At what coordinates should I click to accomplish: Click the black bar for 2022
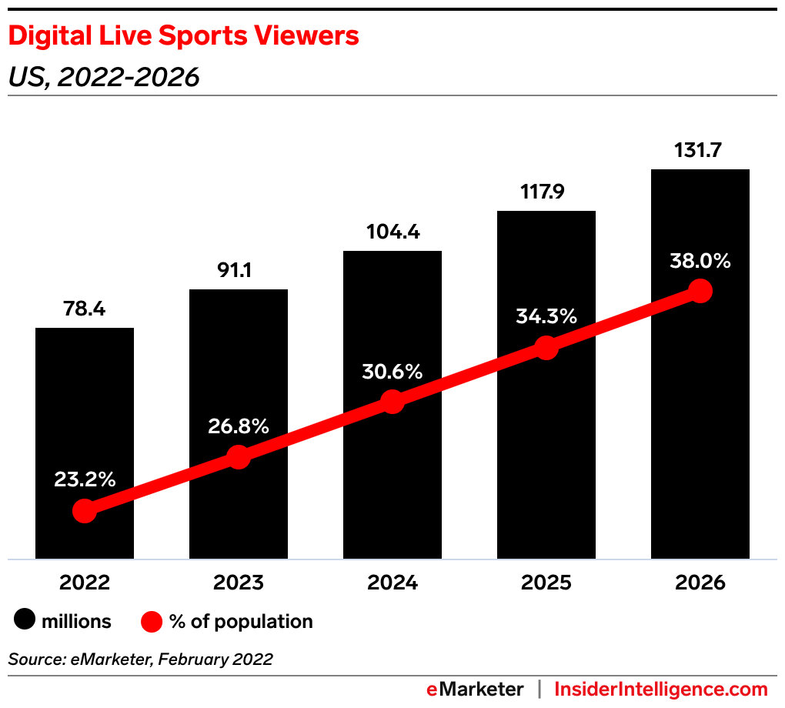coord(85,400)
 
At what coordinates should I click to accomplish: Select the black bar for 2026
coord(700,431)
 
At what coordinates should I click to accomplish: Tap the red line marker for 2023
coord(239,456)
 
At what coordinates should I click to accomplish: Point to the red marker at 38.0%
coord(700,291)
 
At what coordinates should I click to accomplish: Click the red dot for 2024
coord(392,402)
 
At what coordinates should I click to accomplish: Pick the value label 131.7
coord(700,150)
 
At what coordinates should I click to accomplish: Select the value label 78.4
coord(85,309)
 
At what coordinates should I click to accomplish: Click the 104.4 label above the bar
coord(392,232)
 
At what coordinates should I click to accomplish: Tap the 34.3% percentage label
coord(546,316)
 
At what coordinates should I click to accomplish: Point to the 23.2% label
coord(85,479)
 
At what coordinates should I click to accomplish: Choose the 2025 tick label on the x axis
coord(546,582)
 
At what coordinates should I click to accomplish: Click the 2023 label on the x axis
coord(239,582)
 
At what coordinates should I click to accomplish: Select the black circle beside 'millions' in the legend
coord(25,621)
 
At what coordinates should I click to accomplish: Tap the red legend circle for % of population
coord(152,621)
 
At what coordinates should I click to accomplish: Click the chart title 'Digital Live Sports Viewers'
coord(183,35)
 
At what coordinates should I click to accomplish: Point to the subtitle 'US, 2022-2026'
coord(104,77)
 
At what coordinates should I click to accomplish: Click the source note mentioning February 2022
coord(141,659)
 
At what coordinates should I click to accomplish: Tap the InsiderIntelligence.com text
coord(661,689)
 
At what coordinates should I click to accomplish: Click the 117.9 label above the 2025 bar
coord(546,192)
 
